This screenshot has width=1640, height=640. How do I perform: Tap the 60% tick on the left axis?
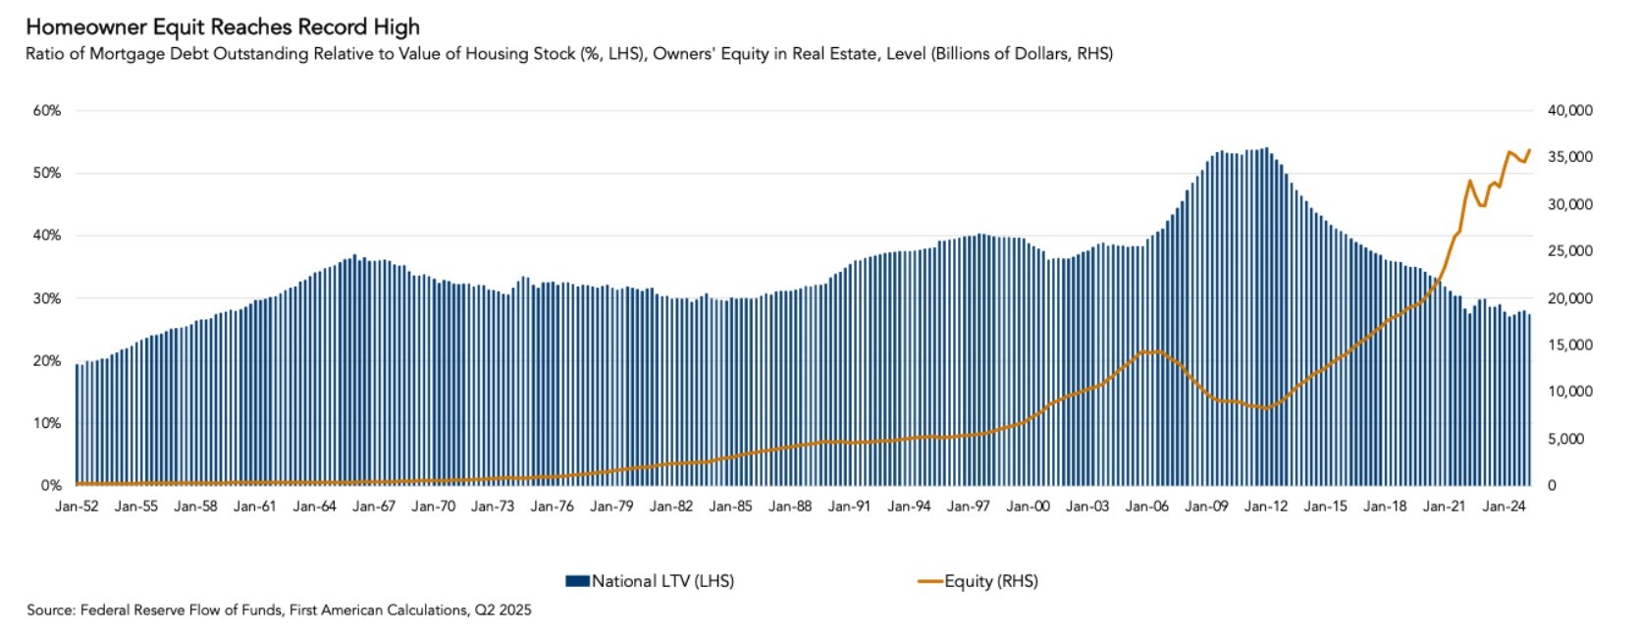[47, 111]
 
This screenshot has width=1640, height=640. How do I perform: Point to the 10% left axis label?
[47, 423]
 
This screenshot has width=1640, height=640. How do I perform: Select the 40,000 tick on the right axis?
[1570, 111]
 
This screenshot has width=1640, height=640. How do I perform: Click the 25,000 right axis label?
[1570, 251]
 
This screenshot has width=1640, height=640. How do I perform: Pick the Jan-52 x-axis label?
[77, 507]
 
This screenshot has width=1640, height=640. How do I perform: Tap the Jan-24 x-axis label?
[1504, 507]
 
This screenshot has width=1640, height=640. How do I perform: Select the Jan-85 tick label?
[730, 507]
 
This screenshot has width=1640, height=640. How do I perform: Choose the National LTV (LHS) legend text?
[662, 581]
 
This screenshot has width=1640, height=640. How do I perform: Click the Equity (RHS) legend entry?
[991, 581]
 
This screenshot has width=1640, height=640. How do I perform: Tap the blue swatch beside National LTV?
[577, 581]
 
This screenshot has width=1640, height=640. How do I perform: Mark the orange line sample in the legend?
[929, 581]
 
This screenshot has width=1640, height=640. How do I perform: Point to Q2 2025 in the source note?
[503, 610]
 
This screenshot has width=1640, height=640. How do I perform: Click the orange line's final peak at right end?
[1529, 150]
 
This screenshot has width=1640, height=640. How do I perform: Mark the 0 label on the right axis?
[1552, 486]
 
